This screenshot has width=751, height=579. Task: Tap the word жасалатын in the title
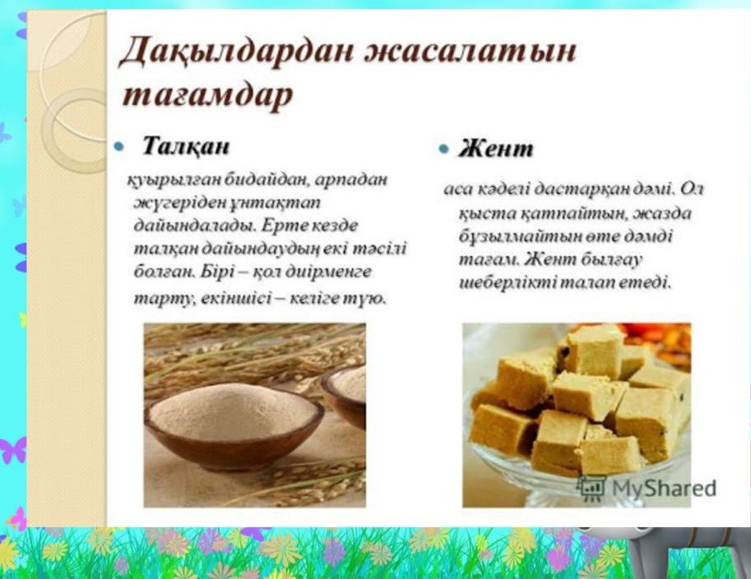470,51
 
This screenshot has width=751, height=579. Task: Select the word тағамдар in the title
207,95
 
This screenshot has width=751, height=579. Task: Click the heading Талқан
187,145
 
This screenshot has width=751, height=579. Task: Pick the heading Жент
495,148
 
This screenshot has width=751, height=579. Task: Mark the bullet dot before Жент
444,149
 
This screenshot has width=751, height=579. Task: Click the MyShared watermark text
664,488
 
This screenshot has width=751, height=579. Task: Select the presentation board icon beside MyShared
592,487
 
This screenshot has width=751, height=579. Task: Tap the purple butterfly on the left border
12,450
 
